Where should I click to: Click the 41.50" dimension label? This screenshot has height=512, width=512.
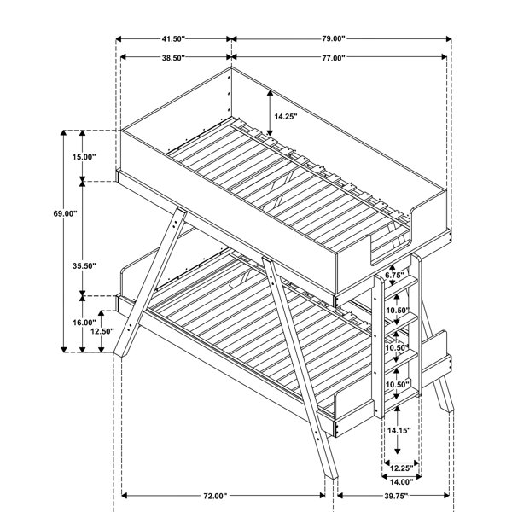(x=173, y=39)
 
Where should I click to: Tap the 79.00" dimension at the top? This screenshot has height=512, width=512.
(x=334, y=38)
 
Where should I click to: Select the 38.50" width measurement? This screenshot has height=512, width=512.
(x=173, y=58)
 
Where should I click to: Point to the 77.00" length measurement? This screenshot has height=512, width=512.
(x=334, y=58)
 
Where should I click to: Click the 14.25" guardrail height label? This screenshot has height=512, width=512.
(x=286, y=117)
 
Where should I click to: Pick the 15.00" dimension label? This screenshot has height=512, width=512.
(x=84, y=157)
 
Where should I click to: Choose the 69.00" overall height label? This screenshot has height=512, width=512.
(x=65, y=214)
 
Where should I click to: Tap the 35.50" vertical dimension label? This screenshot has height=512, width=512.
(x=84, y=266)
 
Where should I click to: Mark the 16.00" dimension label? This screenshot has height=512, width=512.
(x=84, y=323)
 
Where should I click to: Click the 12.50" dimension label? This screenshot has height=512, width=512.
(x=102, y=331)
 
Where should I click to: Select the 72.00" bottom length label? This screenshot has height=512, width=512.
(x=215, y=497)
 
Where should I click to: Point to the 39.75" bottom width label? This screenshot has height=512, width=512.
(x=396, y=497)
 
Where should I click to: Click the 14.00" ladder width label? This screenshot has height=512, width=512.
(x=401, y=481)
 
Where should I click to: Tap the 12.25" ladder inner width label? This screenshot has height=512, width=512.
(x=401, y=468)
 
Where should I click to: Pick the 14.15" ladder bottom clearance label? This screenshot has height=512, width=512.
(x=399, y=430)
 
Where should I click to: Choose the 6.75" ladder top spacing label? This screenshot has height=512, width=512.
(x=394, y=276)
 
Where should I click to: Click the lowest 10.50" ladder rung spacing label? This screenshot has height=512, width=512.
(x=398, y=385)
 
